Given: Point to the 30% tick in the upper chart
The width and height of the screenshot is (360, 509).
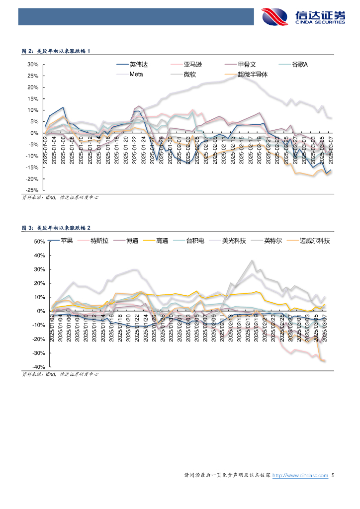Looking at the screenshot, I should [x=33, y=65].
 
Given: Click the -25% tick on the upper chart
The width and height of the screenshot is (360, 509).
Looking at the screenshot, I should [x=32, y=190].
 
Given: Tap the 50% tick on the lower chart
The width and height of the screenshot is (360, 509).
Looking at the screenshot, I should [x=39, y=242].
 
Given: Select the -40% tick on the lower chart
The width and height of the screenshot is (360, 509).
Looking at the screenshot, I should [x=38, y=367].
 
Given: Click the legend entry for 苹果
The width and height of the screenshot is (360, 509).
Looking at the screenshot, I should [x=67, y=241].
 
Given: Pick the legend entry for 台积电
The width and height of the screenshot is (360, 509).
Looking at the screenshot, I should [x=194, y=241].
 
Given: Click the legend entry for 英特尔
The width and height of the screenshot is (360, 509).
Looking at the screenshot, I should [x=273, y=241].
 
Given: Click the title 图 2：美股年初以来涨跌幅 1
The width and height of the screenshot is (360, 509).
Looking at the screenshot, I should [x=56, y=51].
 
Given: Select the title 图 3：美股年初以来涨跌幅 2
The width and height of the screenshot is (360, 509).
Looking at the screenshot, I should [x=57, y=228].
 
